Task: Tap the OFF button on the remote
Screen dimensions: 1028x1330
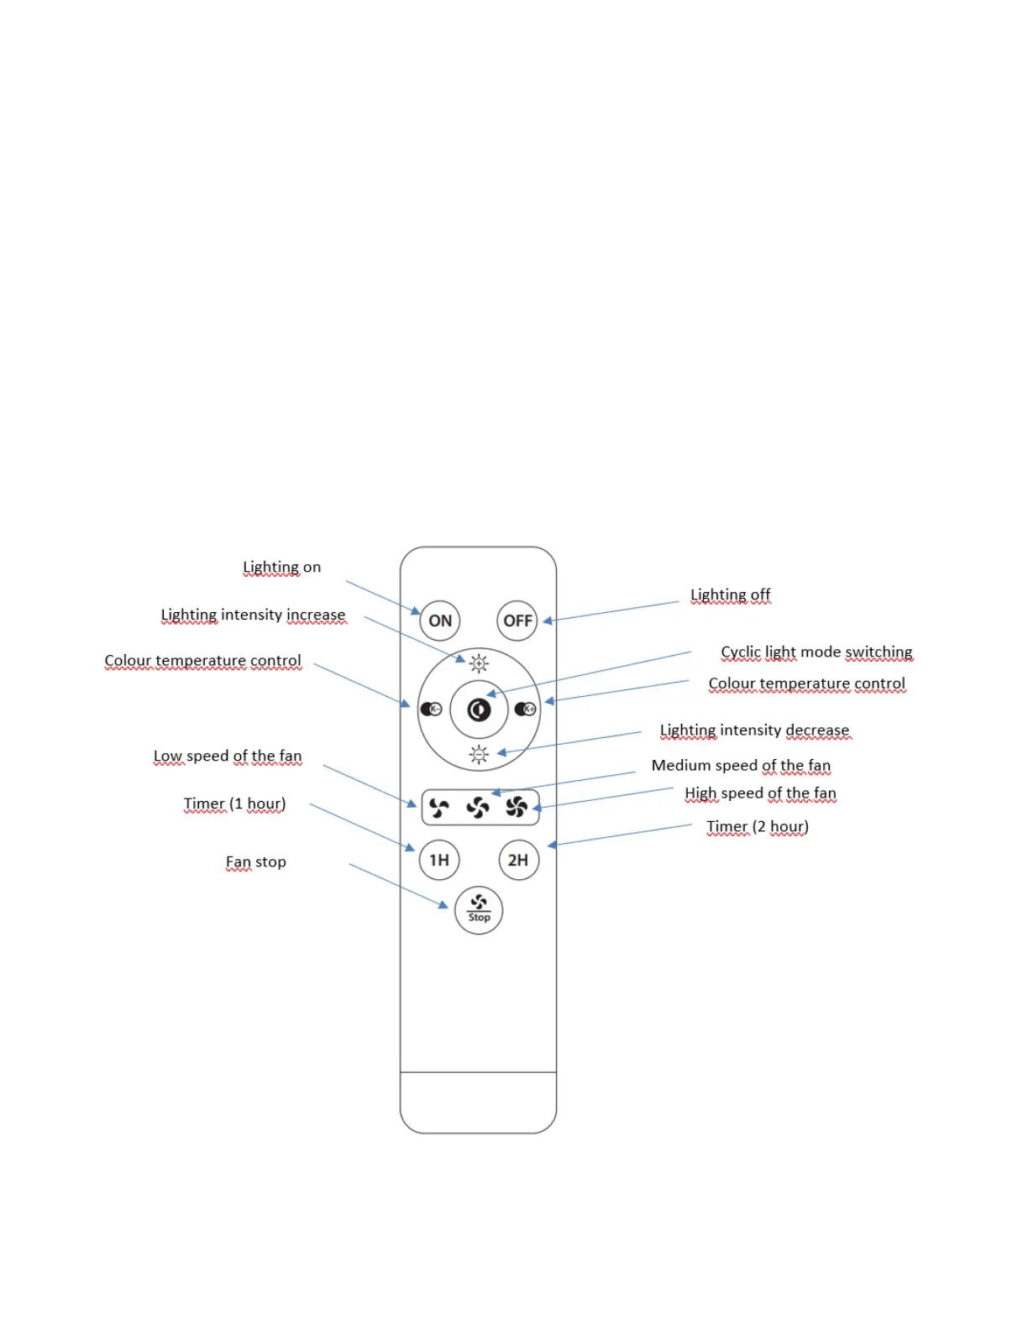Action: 517,620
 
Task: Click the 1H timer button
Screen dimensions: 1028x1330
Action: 439,860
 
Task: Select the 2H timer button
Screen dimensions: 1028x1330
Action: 518,860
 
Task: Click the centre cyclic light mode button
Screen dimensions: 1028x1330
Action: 479,710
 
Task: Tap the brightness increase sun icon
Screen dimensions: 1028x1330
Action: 479,663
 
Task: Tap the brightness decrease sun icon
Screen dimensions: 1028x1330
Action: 479,755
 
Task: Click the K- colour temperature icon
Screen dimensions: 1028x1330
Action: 431,710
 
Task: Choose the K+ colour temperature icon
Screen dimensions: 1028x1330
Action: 526,710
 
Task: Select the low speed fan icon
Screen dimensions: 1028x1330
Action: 439,808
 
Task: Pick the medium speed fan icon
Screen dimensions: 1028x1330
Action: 478,808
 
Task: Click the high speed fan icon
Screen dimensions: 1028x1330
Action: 517,808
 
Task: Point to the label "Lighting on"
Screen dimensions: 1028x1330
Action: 281,567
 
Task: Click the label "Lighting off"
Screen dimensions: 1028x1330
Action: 730,594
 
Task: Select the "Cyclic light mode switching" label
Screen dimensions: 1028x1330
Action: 816,652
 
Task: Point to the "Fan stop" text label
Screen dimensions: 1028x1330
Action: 255,861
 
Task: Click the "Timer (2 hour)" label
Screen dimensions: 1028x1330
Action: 757,826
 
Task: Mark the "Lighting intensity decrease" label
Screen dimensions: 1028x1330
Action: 754,730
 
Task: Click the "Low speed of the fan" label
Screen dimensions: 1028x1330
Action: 227,756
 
